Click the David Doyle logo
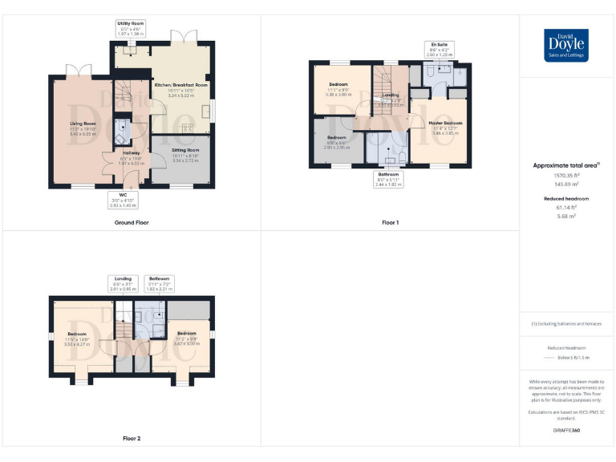point(566,45)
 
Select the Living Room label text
point(83,126)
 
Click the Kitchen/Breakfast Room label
point(182,88)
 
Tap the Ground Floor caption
point(132,222)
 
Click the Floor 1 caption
point(390,222)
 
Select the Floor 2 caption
point(132,439)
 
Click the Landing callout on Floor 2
point(123,282)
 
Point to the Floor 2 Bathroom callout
point(159,282)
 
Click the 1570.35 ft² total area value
point(566,174)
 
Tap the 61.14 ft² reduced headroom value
point(566,208)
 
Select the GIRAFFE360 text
point(566,431)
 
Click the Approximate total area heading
point(566,165)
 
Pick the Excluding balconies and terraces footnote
point(566,324)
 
